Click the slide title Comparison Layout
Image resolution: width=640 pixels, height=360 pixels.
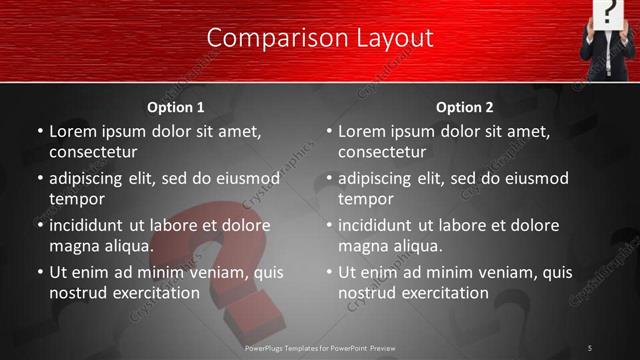coord(320,38)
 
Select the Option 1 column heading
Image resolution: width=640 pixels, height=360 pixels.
coord(176,107)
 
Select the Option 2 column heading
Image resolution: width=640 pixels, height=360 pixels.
coord(465,107)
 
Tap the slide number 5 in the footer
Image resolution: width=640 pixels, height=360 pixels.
coord(590,347)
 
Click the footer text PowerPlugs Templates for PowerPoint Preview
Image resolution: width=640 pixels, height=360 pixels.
coord(321,347)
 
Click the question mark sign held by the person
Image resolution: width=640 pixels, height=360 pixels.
coord(609,13)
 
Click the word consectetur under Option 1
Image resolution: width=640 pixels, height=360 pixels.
coord(93,152)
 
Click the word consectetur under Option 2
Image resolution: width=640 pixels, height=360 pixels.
coord(382,152)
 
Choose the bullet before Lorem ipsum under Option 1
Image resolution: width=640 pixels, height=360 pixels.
coord(40,131)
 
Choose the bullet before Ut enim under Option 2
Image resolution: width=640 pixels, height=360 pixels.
coord(329,272)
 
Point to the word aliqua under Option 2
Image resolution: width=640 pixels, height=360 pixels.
coord(419,246)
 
